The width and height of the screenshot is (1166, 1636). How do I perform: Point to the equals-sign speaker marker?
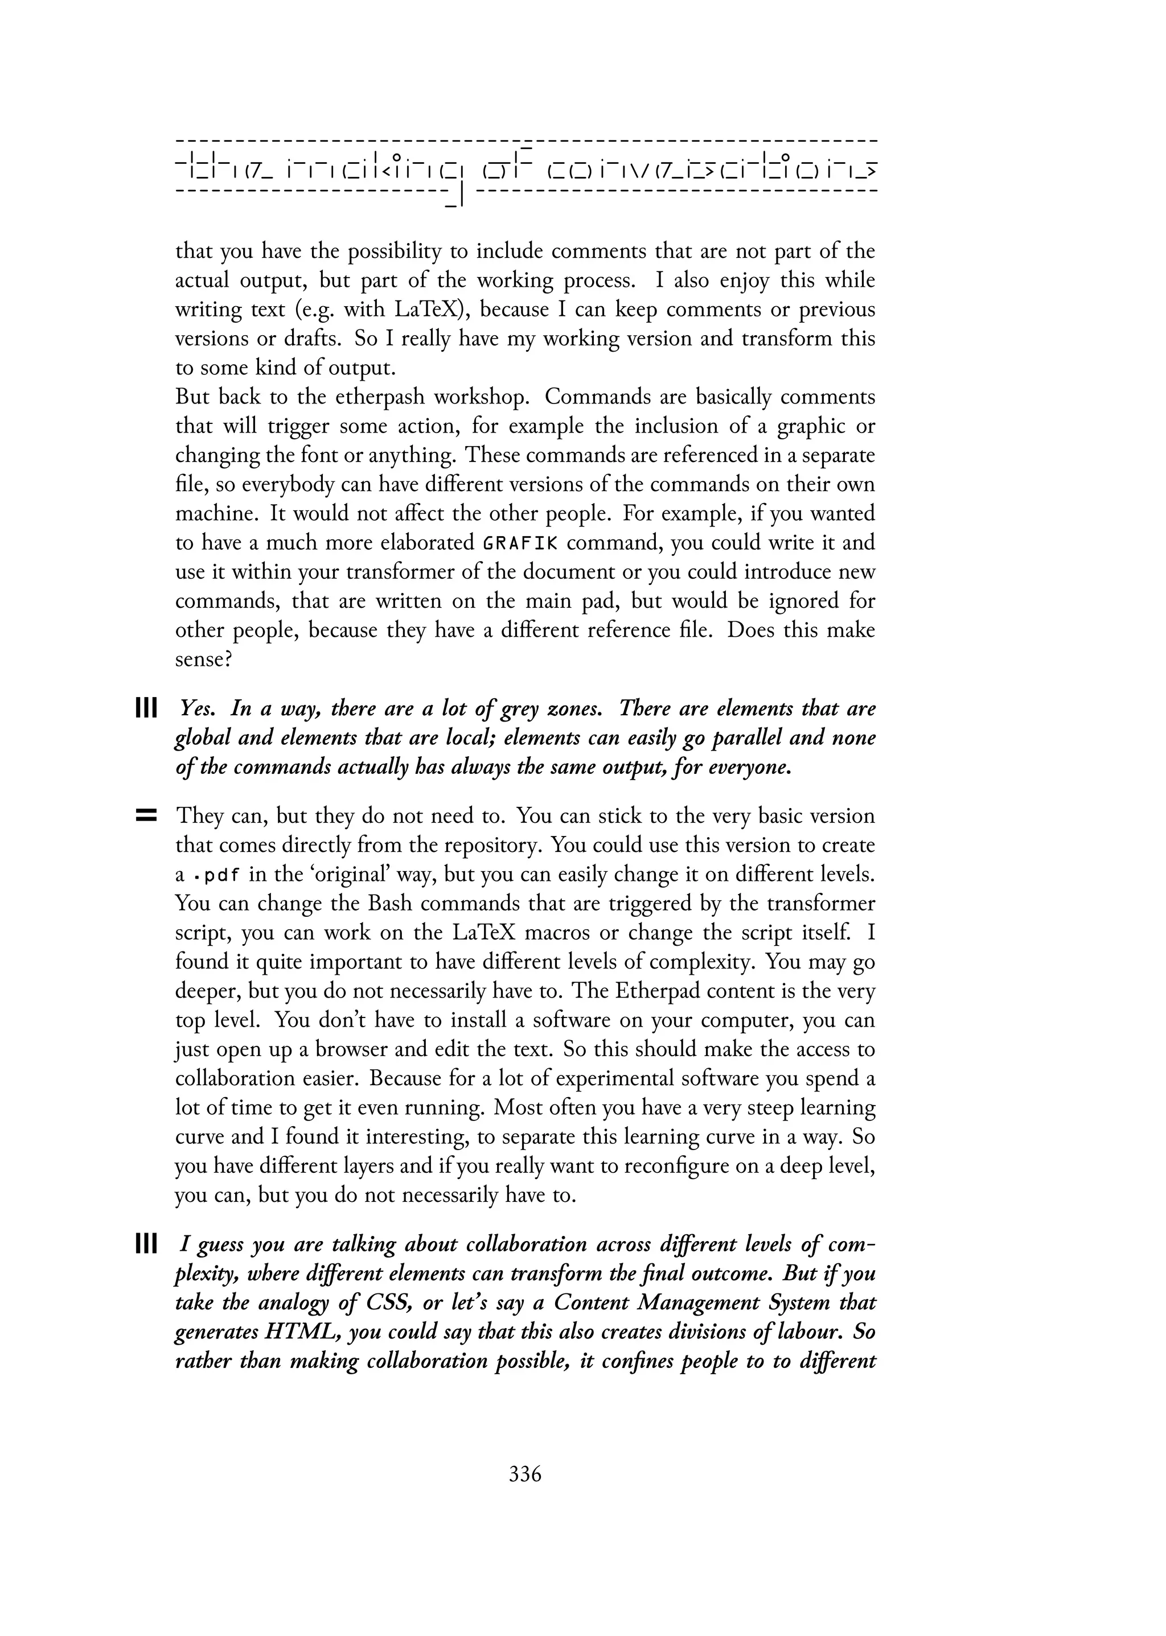click(146, 816)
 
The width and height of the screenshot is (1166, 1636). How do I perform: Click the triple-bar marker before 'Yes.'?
click(146, 709)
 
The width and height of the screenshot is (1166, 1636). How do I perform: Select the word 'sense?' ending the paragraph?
click(203, 660)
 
